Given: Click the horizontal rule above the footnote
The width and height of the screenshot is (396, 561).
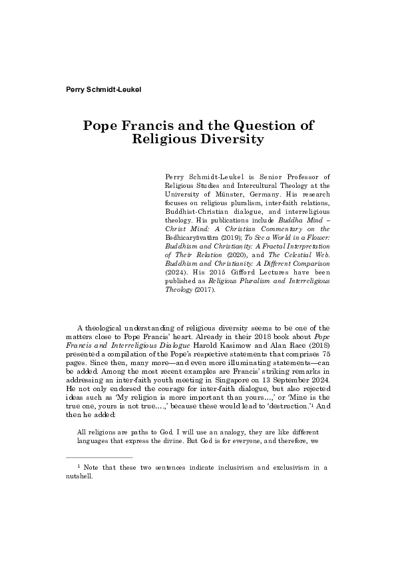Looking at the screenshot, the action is pos(100,458).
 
